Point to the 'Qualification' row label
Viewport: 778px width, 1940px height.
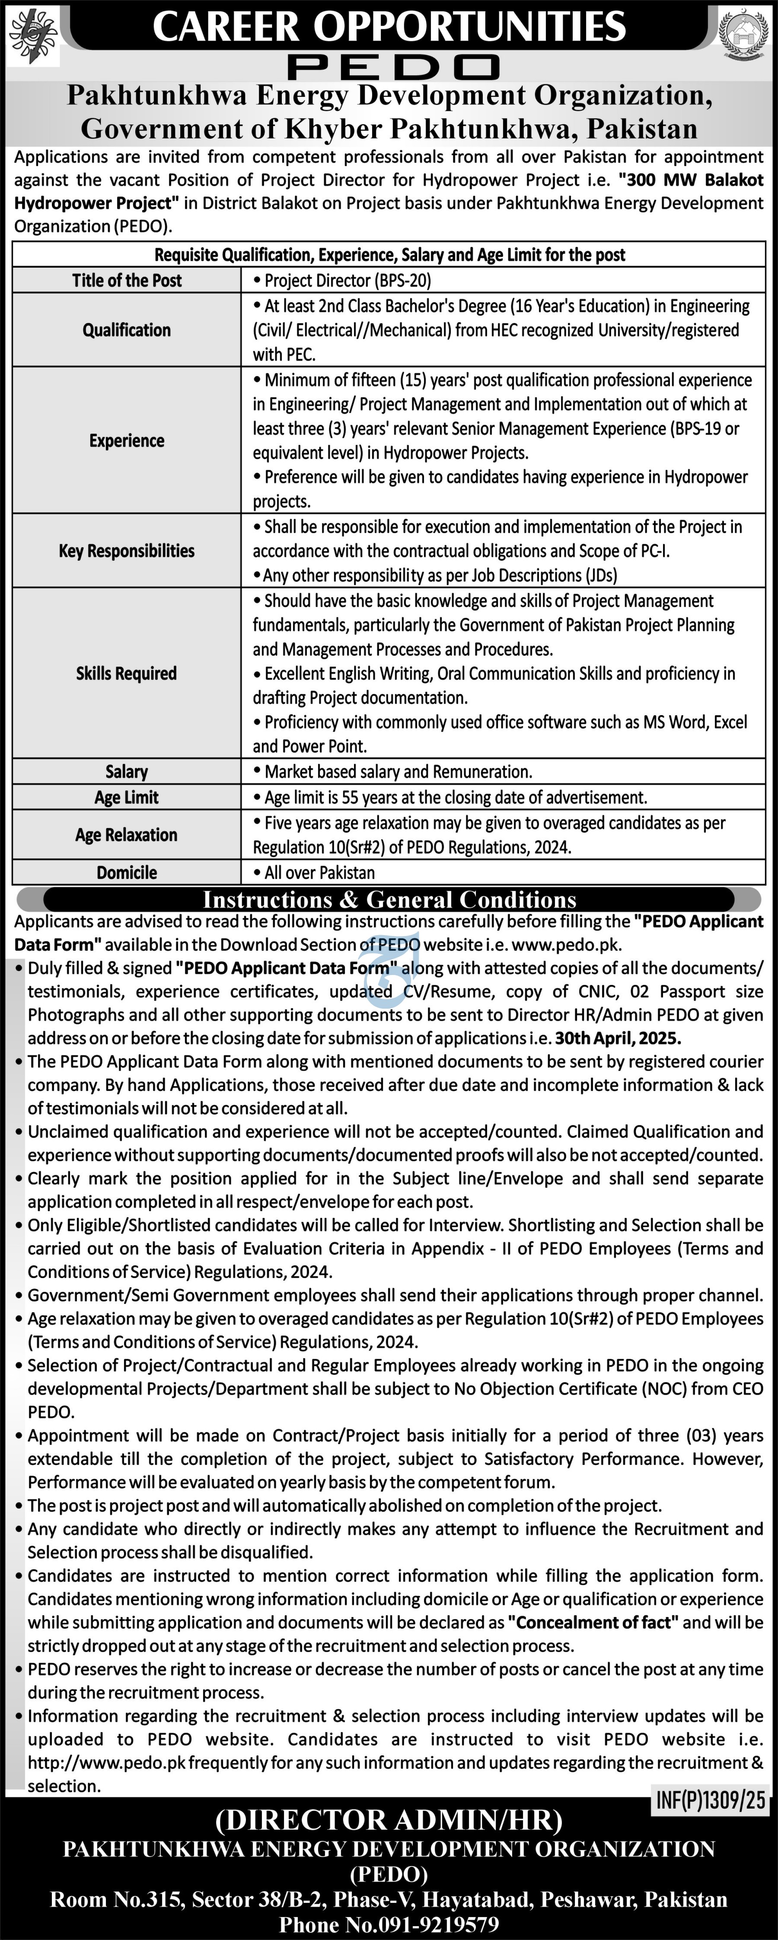[x=127, y=330]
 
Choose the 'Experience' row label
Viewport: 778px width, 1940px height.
[x=127, y=441]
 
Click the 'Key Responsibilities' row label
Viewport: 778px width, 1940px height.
[x=127, y=550]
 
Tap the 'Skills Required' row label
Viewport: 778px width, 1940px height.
[x=127, y=673]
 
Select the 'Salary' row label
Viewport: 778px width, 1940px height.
[x=127, y=771]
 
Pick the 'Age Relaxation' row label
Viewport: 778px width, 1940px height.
[x=127, y=834]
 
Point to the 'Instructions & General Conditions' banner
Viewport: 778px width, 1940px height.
[x=389, y=899]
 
